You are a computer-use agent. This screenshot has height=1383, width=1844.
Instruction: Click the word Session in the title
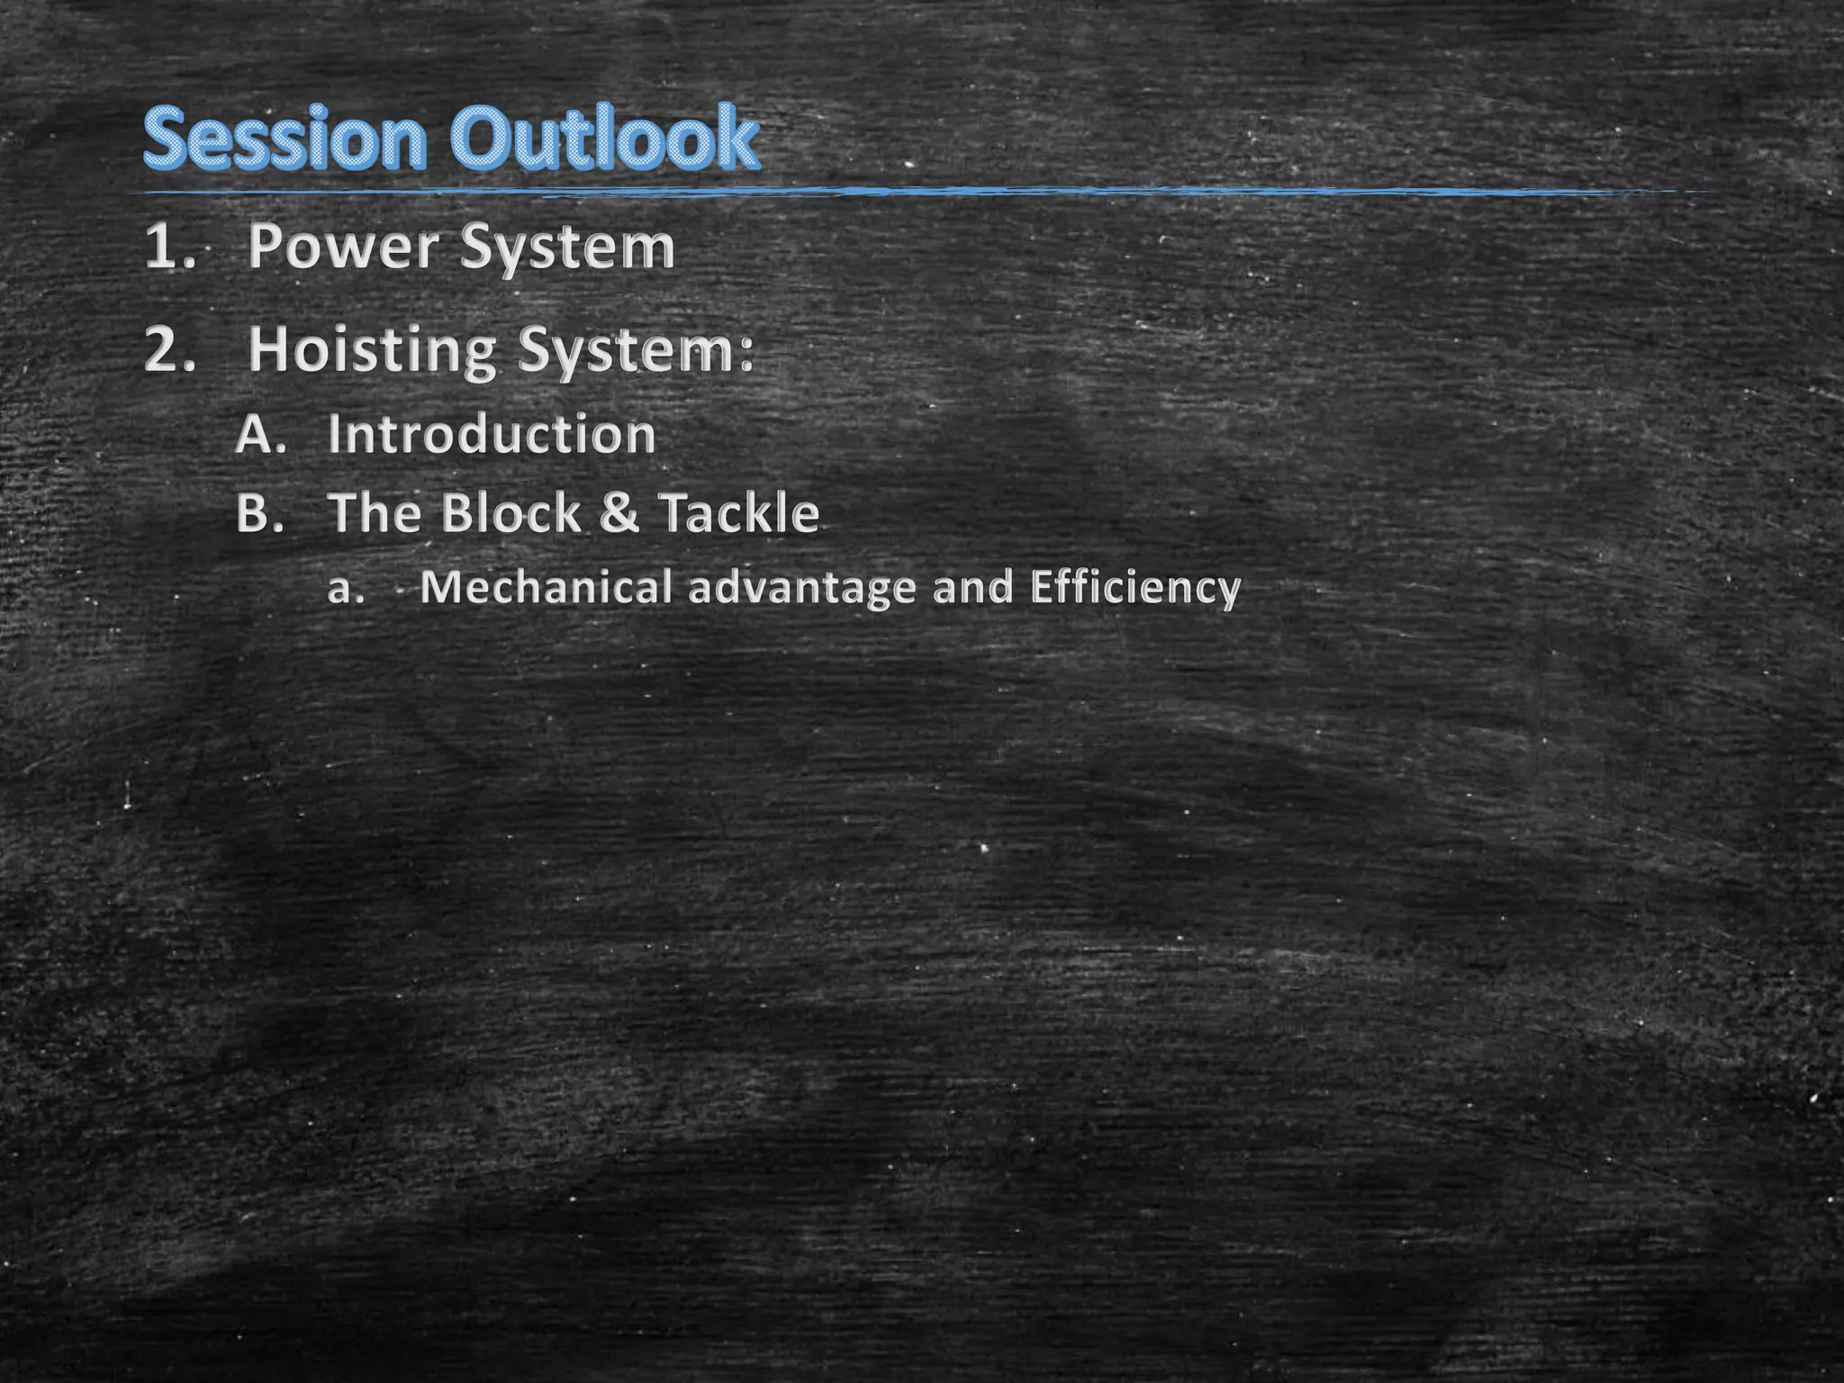pos(284,139)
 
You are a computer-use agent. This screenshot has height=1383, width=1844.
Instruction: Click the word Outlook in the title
pos(605,139)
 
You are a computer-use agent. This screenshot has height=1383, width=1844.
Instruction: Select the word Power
pos(344,247)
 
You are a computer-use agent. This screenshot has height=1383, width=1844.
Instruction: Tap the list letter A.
pos(260,435)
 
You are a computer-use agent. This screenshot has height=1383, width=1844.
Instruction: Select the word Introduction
pos(492,434)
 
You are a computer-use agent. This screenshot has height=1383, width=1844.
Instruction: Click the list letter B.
pos(259,513)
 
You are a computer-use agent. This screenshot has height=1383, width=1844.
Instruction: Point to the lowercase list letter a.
pos(345,589)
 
